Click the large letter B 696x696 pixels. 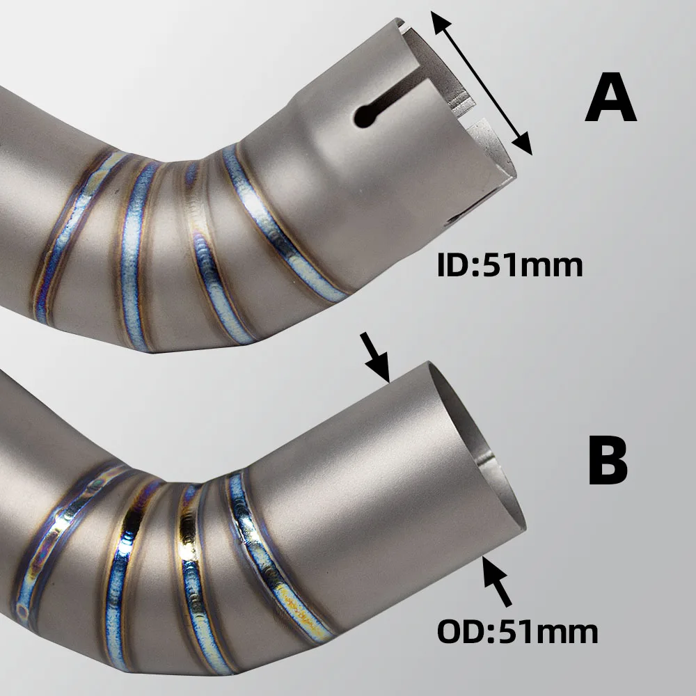608,460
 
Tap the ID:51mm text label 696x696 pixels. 509,265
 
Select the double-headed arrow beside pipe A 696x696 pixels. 481,83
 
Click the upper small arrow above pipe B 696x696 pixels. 376,357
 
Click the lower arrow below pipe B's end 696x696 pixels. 497,581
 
